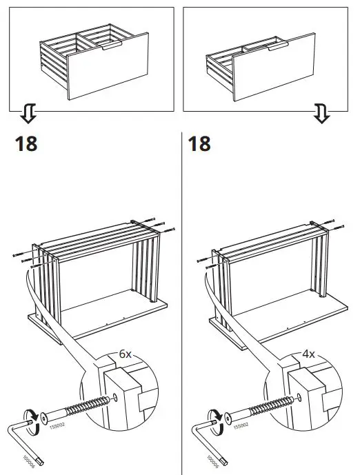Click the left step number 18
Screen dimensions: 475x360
(x=26, y=144)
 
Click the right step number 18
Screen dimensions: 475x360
(x=199, y=144)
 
